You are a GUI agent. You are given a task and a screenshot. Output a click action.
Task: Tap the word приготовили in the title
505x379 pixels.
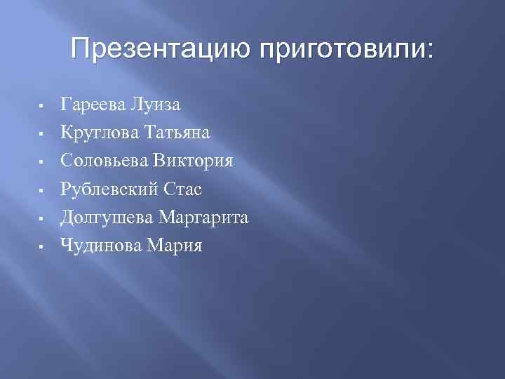[346, 50]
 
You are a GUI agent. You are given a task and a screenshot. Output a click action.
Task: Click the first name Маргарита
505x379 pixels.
[204, 218]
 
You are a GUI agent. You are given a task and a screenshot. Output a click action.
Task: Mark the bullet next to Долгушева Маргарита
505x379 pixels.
[43, 219]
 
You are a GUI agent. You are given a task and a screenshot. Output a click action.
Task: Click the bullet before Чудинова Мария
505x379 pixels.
[43, 247]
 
